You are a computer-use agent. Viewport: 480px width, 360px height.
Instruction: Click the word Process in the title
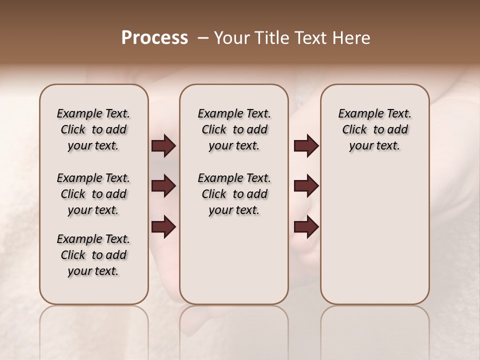click(x=154, y=38)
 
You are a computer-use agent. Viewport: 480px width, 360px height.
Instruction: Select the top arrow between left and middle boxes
click(x=163, y=146)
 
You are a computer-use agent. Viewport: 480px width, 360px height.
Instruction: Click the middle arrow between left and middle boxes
click(x=163, y=186)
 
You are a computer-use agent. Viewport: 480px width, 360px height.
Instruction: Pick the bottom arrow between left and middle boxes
click(x=163, y=226)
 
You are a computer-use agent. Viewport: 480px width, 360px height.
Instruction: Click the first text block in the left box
click(x=93, y=129)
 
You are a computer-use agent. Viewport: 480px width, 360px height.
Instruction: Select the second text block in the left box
click(x=93, y=194)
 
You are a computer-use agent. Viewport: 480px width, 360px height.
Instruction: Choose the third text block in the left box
click(x=93, y=255)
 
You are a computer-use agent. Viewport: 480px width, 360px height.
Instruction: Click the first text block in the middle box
click(x=234, y=129)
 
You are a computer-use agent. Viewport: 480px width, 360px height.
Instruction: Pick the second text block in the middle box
click(x=234, y=194)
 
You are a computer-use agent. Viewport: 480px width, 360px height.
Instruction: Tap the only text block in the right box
click(x=375, y=129)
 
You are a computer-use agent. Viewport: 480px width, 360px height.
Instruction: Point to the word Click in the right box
click(x=354, y=130)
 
